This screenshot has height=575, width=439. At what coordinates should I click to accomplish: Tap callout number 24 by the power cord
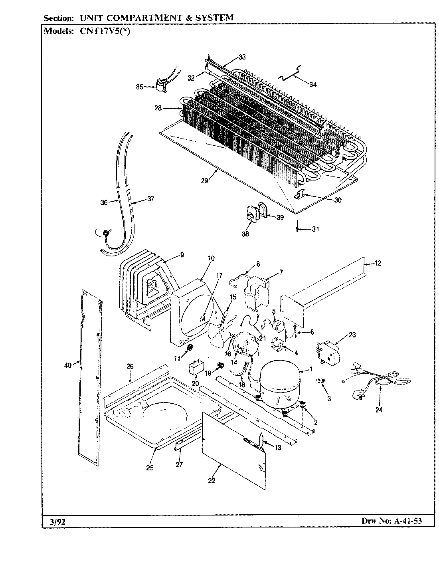click(x=379, y=409)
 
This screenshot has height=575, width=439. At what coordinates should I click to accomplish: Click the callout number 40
click(x=68, y=364)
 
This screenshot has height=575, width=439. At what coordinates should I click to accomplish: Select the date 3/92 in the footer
click(x=51, y=521)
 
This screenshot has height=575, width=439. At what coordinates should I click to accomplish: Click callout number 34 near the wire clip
click(x=313, y=85)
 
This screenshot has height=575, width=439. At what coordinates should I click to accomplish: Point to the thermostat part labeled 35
click(x=160, y=87)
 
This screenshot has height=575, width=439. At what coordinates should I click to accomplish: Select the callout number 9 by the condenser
click(x=182, y=254)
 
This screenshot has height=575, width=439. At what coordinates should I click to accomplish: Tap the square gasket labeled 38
click(x=250, y=215)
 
